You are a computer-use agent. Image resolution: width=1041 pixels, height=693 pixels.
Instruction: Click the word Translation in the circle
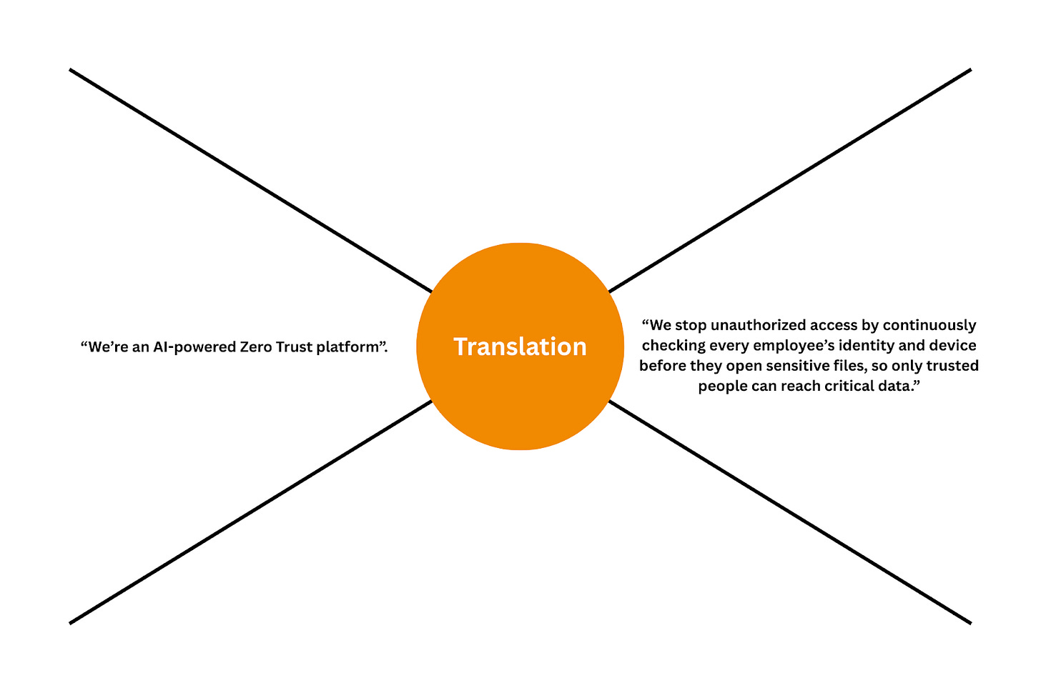coord(520,346)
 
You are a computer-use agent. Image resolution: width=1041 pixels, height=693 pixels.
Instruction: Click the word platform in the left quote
coord(345,347)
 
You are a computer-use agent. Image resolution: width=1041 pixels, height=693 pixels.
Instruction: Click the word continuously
coord(929,325)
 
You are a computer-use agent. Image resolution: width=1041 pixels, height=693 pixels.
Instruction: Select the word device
coord(954,346)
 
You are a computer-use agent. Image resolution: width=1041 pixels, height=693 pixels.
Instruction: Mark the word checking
coord(668,346)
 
